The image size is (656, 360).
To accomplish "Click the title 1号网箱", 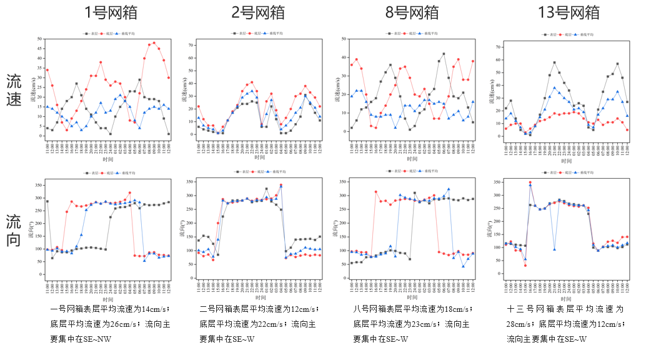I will click(x=111, y=12).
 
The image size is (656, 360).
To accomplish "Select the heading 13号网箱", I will click(x=569, y=12).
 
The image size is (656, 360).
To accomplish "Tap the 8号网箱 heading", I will click(x=413, y=12).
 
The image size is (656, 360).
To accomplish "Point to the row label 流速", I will click(x=14, y=90).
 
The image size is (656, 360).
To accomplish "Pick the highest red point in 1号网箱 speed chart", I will click(x=154, y=43).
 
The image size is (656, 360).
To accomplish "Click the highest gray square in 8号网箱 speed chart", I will click(x=444, y=54).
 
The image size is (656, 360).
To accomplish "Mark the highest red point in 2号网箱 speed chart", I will click(x=252, y=82).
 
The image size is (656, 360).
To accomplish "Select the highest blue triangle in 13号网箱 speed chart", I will click(x=554, y=87).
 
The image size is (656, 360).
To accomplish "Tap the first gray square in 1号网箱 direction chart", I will click(x=47, y=201).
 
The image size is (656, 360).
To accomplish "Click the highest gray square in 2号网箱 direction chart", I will click(x=267, y=188).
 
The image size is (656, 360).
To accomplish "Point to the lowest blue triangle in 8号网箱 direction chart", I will click(x=464, y=266).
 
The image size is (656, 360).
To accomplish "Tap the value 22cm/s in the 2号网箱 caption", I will click(x=272, y=324).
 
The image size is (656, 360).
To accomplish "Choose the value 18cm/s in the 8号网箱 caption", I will click(x=459, y=309).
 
